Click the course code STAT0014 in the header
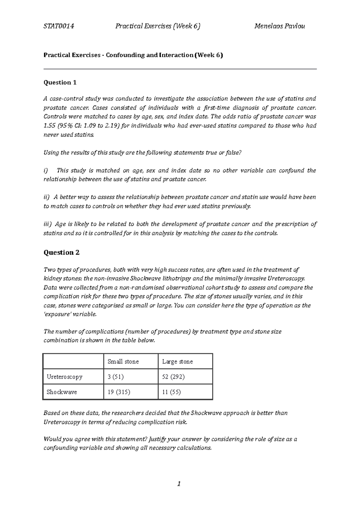tap(59, 26)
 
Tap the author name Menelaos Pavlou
tap(279, 26)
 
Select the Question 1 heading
tap(60, 82)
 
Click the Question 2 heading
tap(61, 252)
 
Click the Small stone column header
tap(123, 362)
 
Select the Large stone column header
tap(177, 362)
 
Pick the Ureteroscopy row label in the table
tap(64, 377)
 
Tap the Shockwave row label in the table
tap(62, 392)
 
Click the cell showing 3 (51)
tap(115, 377)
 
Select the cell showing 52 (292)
tap(173, 377)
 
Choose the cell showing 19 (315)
tap(119, 392)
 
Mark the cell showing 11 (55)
tap(171, 392)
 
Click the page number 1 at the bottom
tap(179, 484)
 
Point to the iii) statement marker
tap(47, 224)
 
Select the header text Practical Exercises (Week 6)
tap(158, 26)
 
